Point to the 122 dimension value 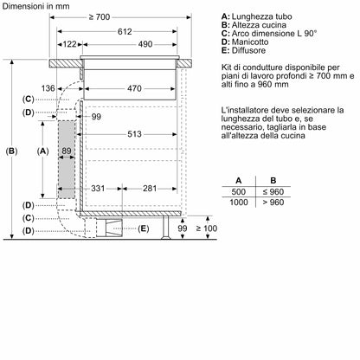point(70,43)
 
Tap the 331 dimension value point(97,188)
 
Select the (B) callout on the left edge point(11,151)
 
